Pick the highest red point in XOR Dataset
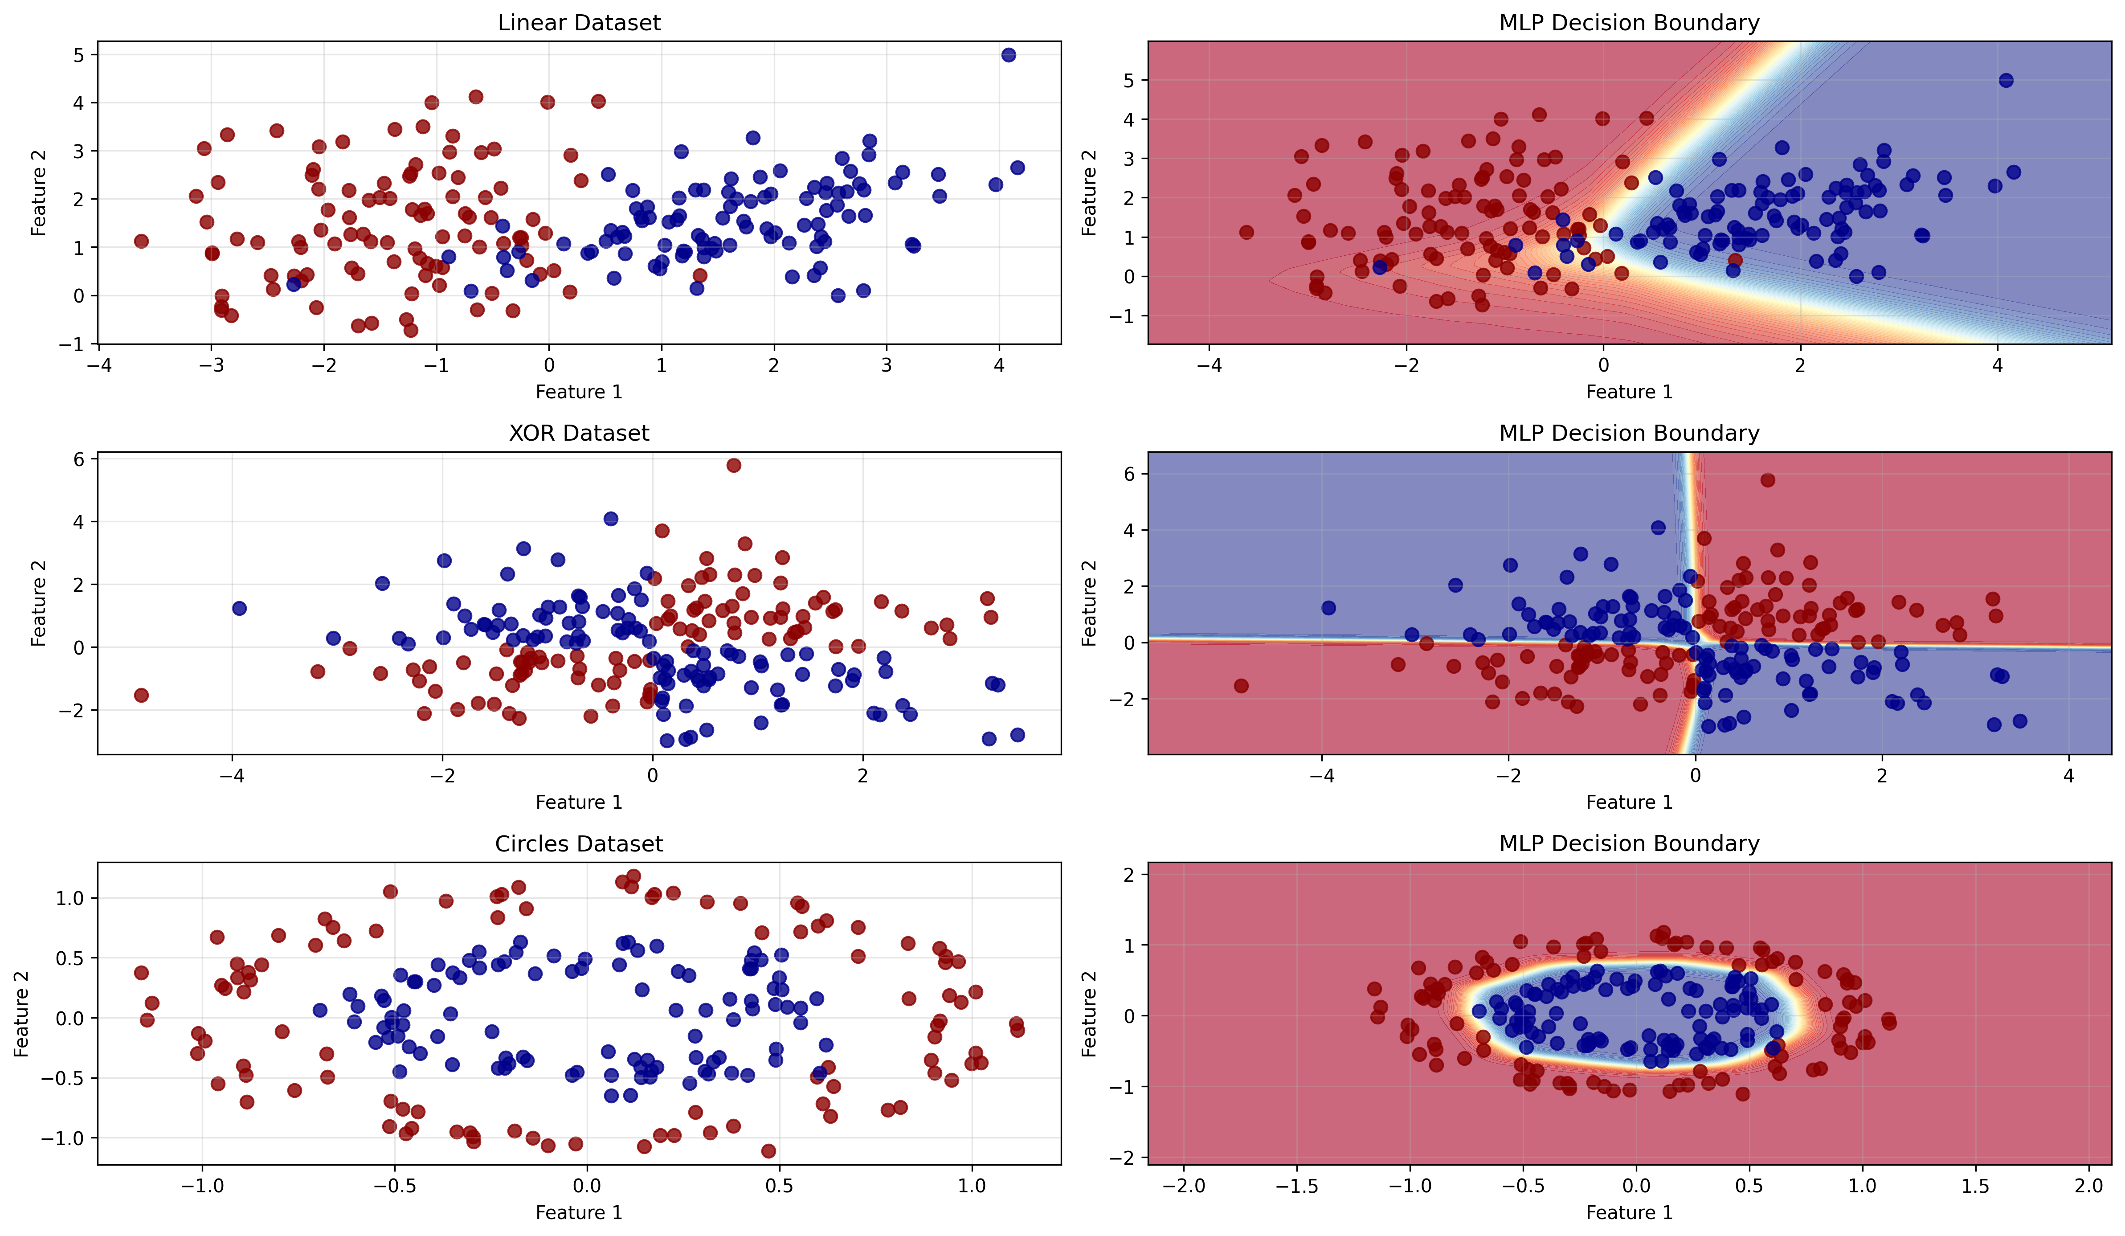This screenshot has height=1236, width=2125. point(734,466)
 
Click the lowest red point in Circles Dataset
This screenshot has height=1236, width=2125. point(768,1151)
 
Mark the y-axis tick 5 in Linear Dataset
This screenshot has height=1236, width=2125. point(79,55)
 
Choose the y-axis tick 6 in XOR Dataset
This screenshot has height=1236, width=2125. point(79,459)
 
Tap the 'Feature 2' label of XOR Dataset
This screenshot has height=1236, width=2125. point(38,603)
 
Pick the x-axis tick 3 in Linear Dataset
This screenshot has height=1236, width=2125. point(886,365)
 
